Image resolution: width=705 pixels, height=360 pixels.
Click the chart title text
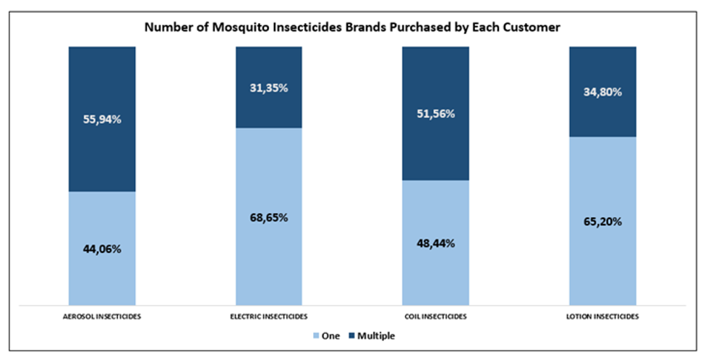(x=353, y=27)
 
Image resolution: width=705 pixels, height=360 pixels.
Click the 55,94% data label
(x=102, y=120)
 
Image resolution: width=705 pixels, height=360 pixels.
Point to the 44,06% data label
(x=102, y=249)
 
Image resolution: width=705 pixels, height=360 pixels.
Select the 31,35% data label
(x=269, y=88)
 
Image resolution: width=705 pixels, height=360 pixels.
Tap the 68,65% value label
(x=269, y=218)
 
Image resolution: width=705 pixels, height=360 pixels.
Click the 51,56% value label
(x=435, y=114)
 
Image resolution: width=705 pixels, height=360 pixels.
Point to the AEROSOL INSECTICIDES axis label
(x=102, y=317)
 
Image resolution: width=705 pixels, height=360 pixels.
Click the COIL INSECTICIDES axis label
(x=435, y=317)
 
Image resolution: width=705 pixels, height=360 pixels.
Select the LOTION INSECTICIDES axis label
(x=602, y=317)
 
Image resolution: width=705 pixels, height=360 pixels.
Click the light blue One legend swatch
(x=317, y=336)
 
